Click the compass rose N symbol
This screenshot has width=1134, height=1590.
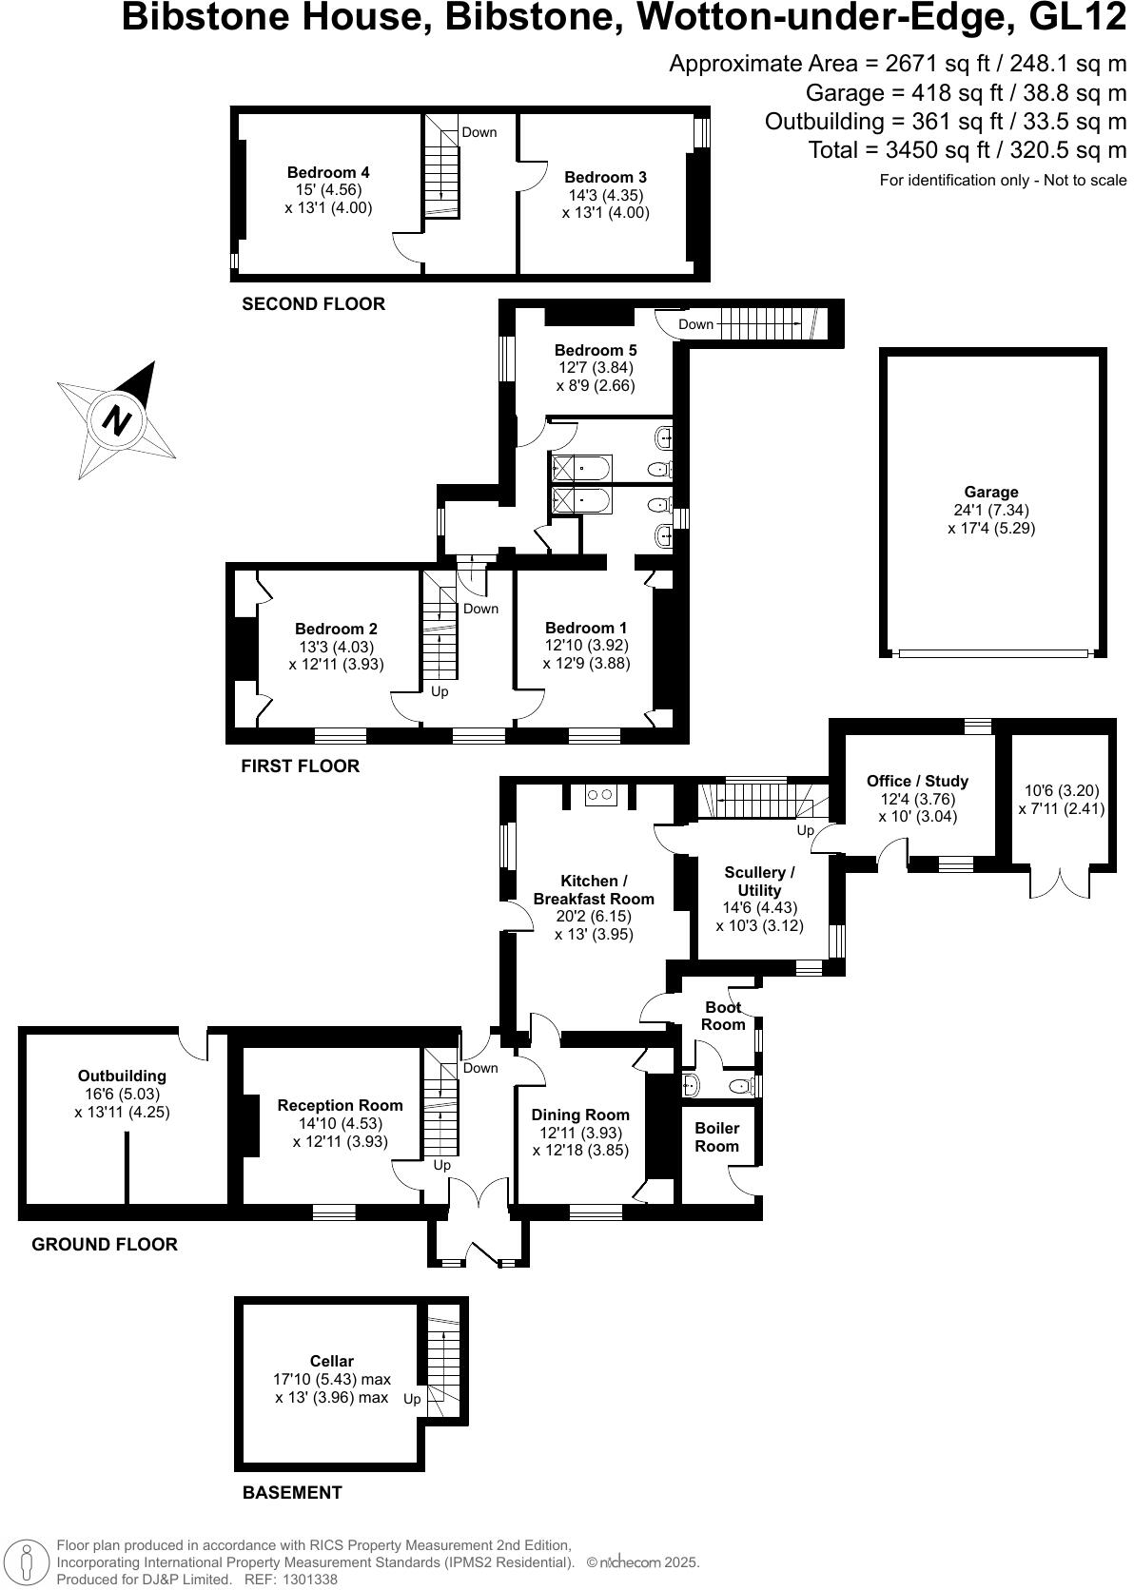pyautogui.click(x=118, y=419)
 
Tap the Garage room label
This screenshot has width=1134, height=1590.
pyautogui.click(x=990, y=492)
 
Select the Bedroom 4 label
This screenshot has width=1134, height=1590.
pyautogui.click(x=328, y=172)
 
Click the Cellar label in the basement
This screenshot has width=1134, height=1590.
pyautogui.click(x=332, y=1361)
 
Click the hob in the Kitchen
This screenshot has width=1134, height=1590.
pyautogui.click(x=600, y=795)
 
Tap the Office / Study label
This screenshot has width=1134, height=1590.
pyautogui.click(x=917, y=781)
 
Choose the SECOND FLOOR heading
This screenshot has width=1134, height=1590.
pyautogui.click(x=313, y=304)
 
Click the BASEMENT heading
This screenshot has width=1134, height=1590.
pyautogui.click(x=291, y=1492)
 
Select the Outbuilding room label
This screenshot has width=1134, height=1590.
pyautogui.click(x=122, y=1076)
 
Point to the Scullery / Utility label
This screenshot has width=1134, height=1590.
pyautogui.click(x=758, y=881)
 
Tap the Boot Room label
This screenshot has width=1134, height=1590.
pyautogui.click(x=723, y=1016)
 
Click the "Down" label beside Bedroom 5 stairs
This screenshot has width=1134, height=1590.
pyautogui.click(x=695, y=324)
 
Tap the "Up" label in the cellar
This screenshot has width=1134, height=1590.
pyautogui.click(x=412, y=1399)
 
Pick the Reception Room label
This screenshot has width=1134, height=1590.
pyautogui.click(x=340, y=1105)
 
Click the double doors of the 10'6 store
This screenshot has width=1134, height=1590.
pyautogui.click(x=1059, y=882)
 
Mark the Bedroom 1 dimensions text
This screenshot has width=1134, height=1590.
pyautogui.click(x=586, y=654)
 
